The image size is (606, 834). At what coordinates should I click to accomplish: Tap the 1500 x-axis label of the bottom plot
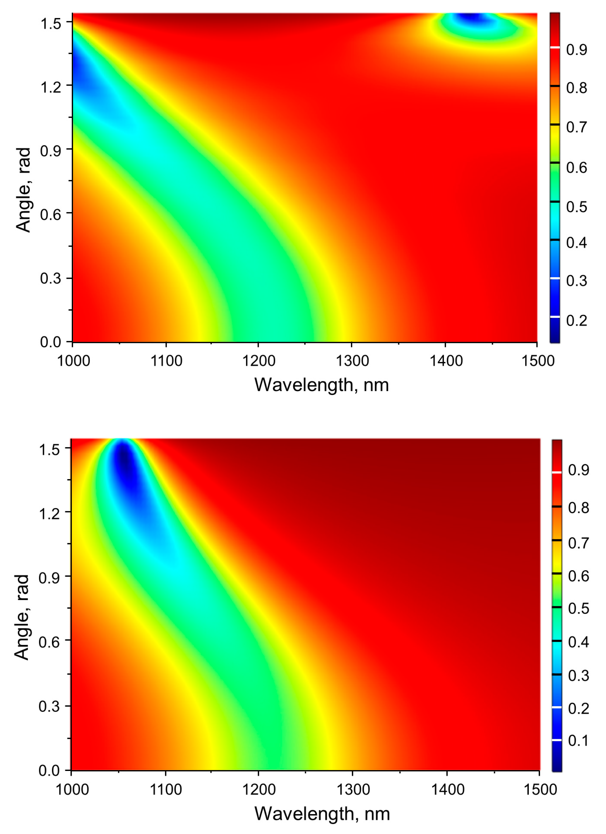tap(540, 789)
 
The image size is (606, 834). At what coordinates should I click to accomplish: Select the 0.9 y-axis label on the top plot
tap(50, 151)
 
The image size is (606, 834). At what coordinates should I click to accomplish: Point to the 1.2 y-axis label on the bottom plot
tap(49, 513)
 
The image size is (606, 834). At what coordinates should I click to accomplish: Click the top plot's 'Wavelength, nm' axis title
tap(321, 385)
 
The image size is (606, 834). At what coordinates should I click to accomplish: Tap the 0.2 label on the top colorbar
tap(576, 321)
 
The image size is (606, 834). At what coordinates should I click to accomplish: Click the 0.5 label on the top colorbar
tap(576, 207)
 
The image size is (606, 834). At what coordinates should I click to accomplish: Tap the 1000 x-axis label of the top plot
tap(73, 361)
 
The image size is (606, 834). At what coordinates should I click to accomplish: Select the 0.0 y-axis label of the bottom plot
tap(49, 770)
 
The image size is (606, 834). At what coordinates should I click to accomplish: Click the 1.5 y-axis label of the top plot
tap(50, 24)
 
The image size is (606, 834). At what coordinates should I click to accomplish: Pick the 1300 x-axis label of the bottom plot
tap(353, 789)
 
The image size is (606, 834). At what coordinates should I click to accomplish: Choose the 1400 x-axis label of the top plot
tap(446, 361)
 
